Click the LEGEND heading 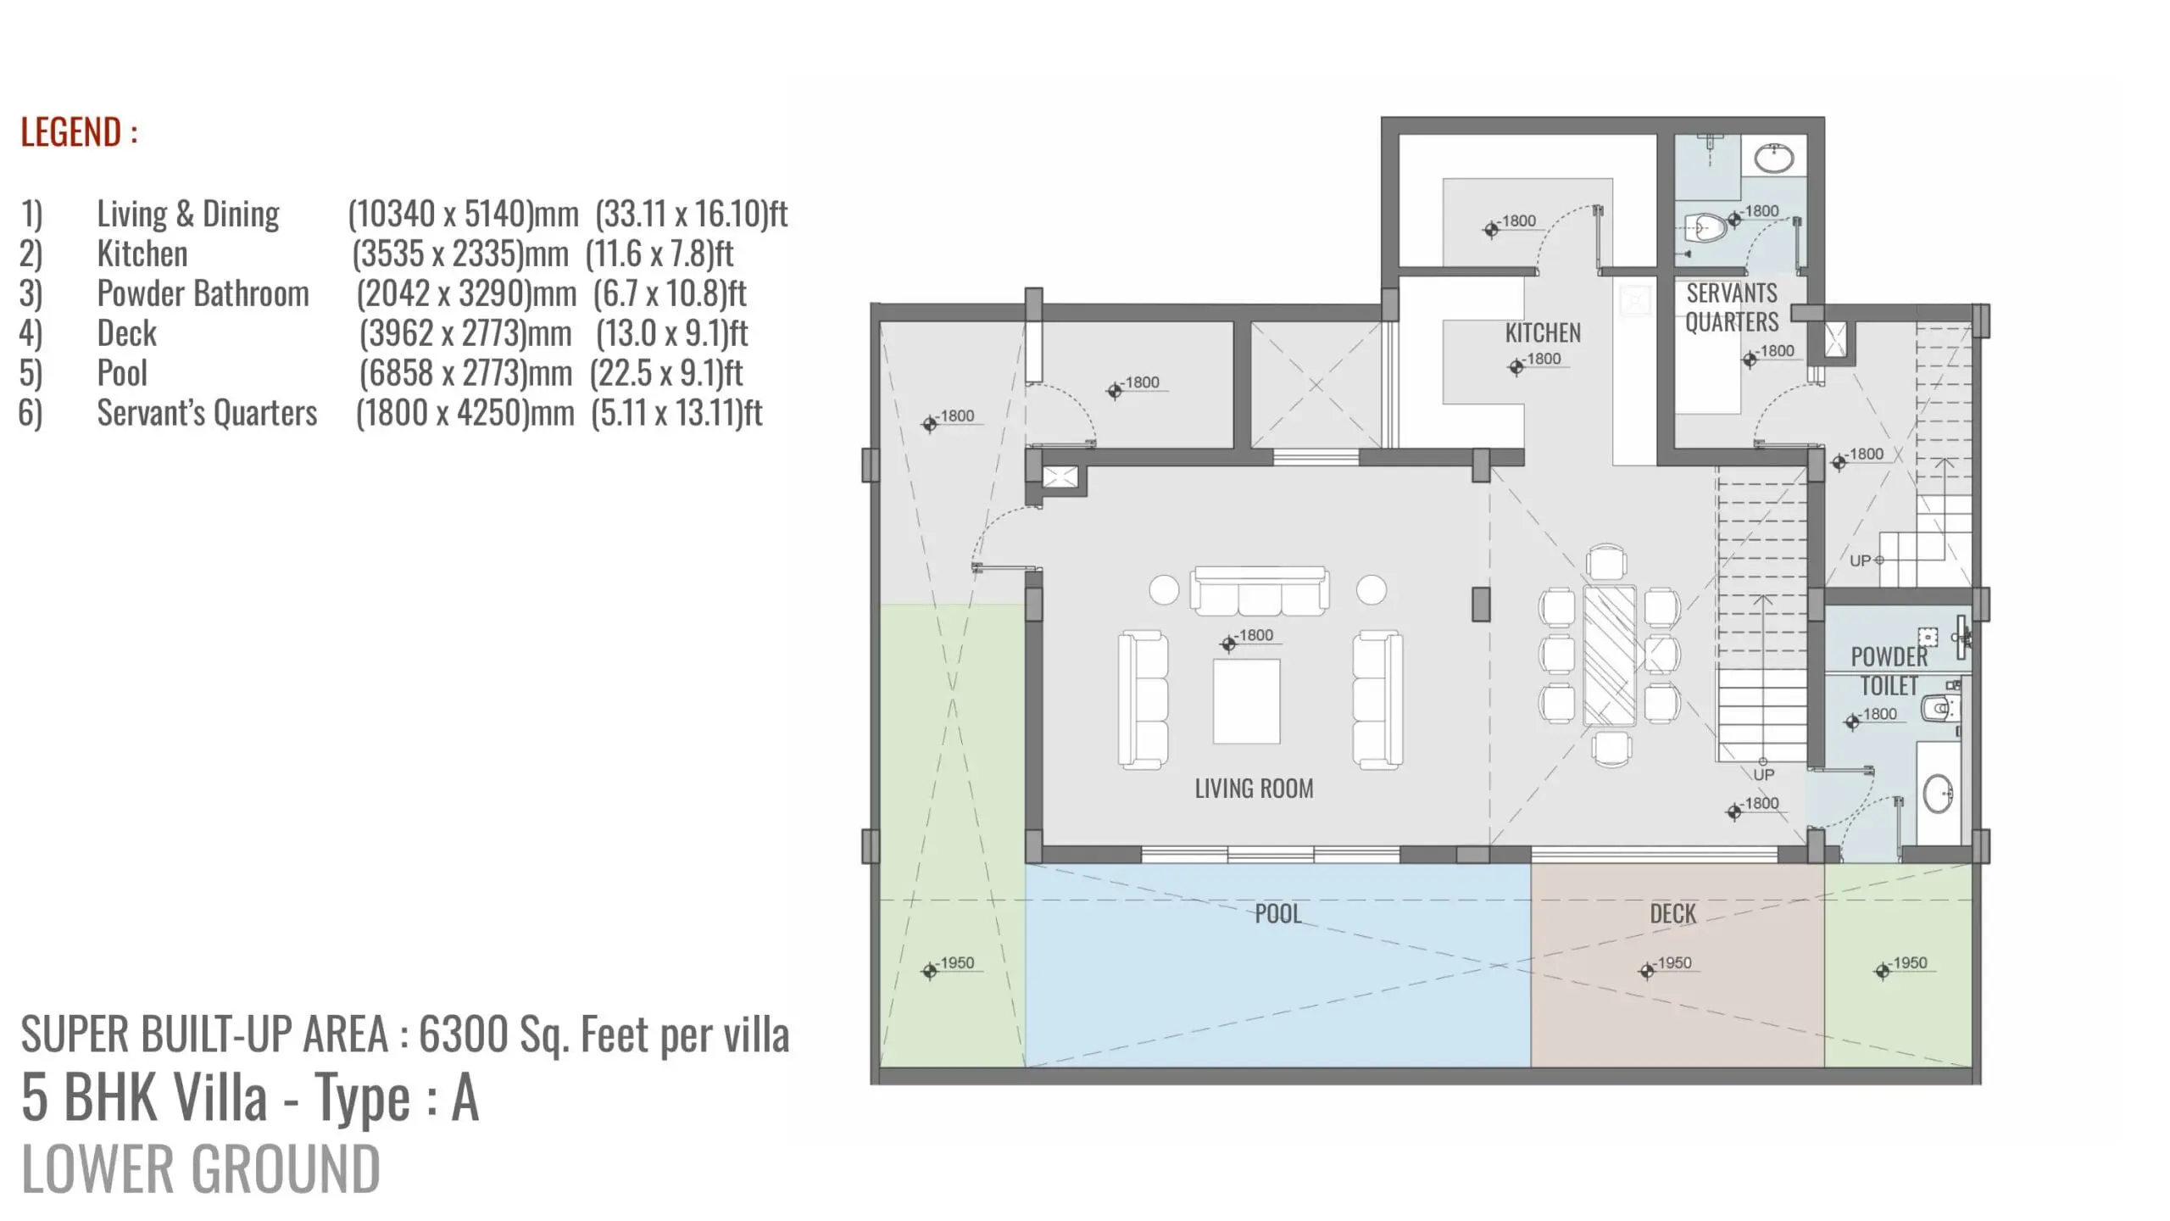79,132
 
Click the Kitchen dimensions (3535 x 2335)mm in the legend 460,254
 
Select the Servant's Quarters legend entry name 207,413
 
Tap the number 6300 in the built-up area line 464,1034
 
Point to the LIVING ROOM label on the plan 1254,789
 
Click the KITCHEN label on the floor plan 1543,333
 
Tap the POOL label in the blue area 1277,914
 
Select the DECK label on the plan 1672,914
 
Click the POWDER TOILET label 1889,671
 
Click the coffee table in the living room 1246,701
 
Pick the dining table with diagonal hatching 1610,655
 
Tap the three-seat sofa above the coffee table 1259,590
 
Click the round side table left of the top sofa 1164,590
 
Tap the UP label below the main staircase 1763,775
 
